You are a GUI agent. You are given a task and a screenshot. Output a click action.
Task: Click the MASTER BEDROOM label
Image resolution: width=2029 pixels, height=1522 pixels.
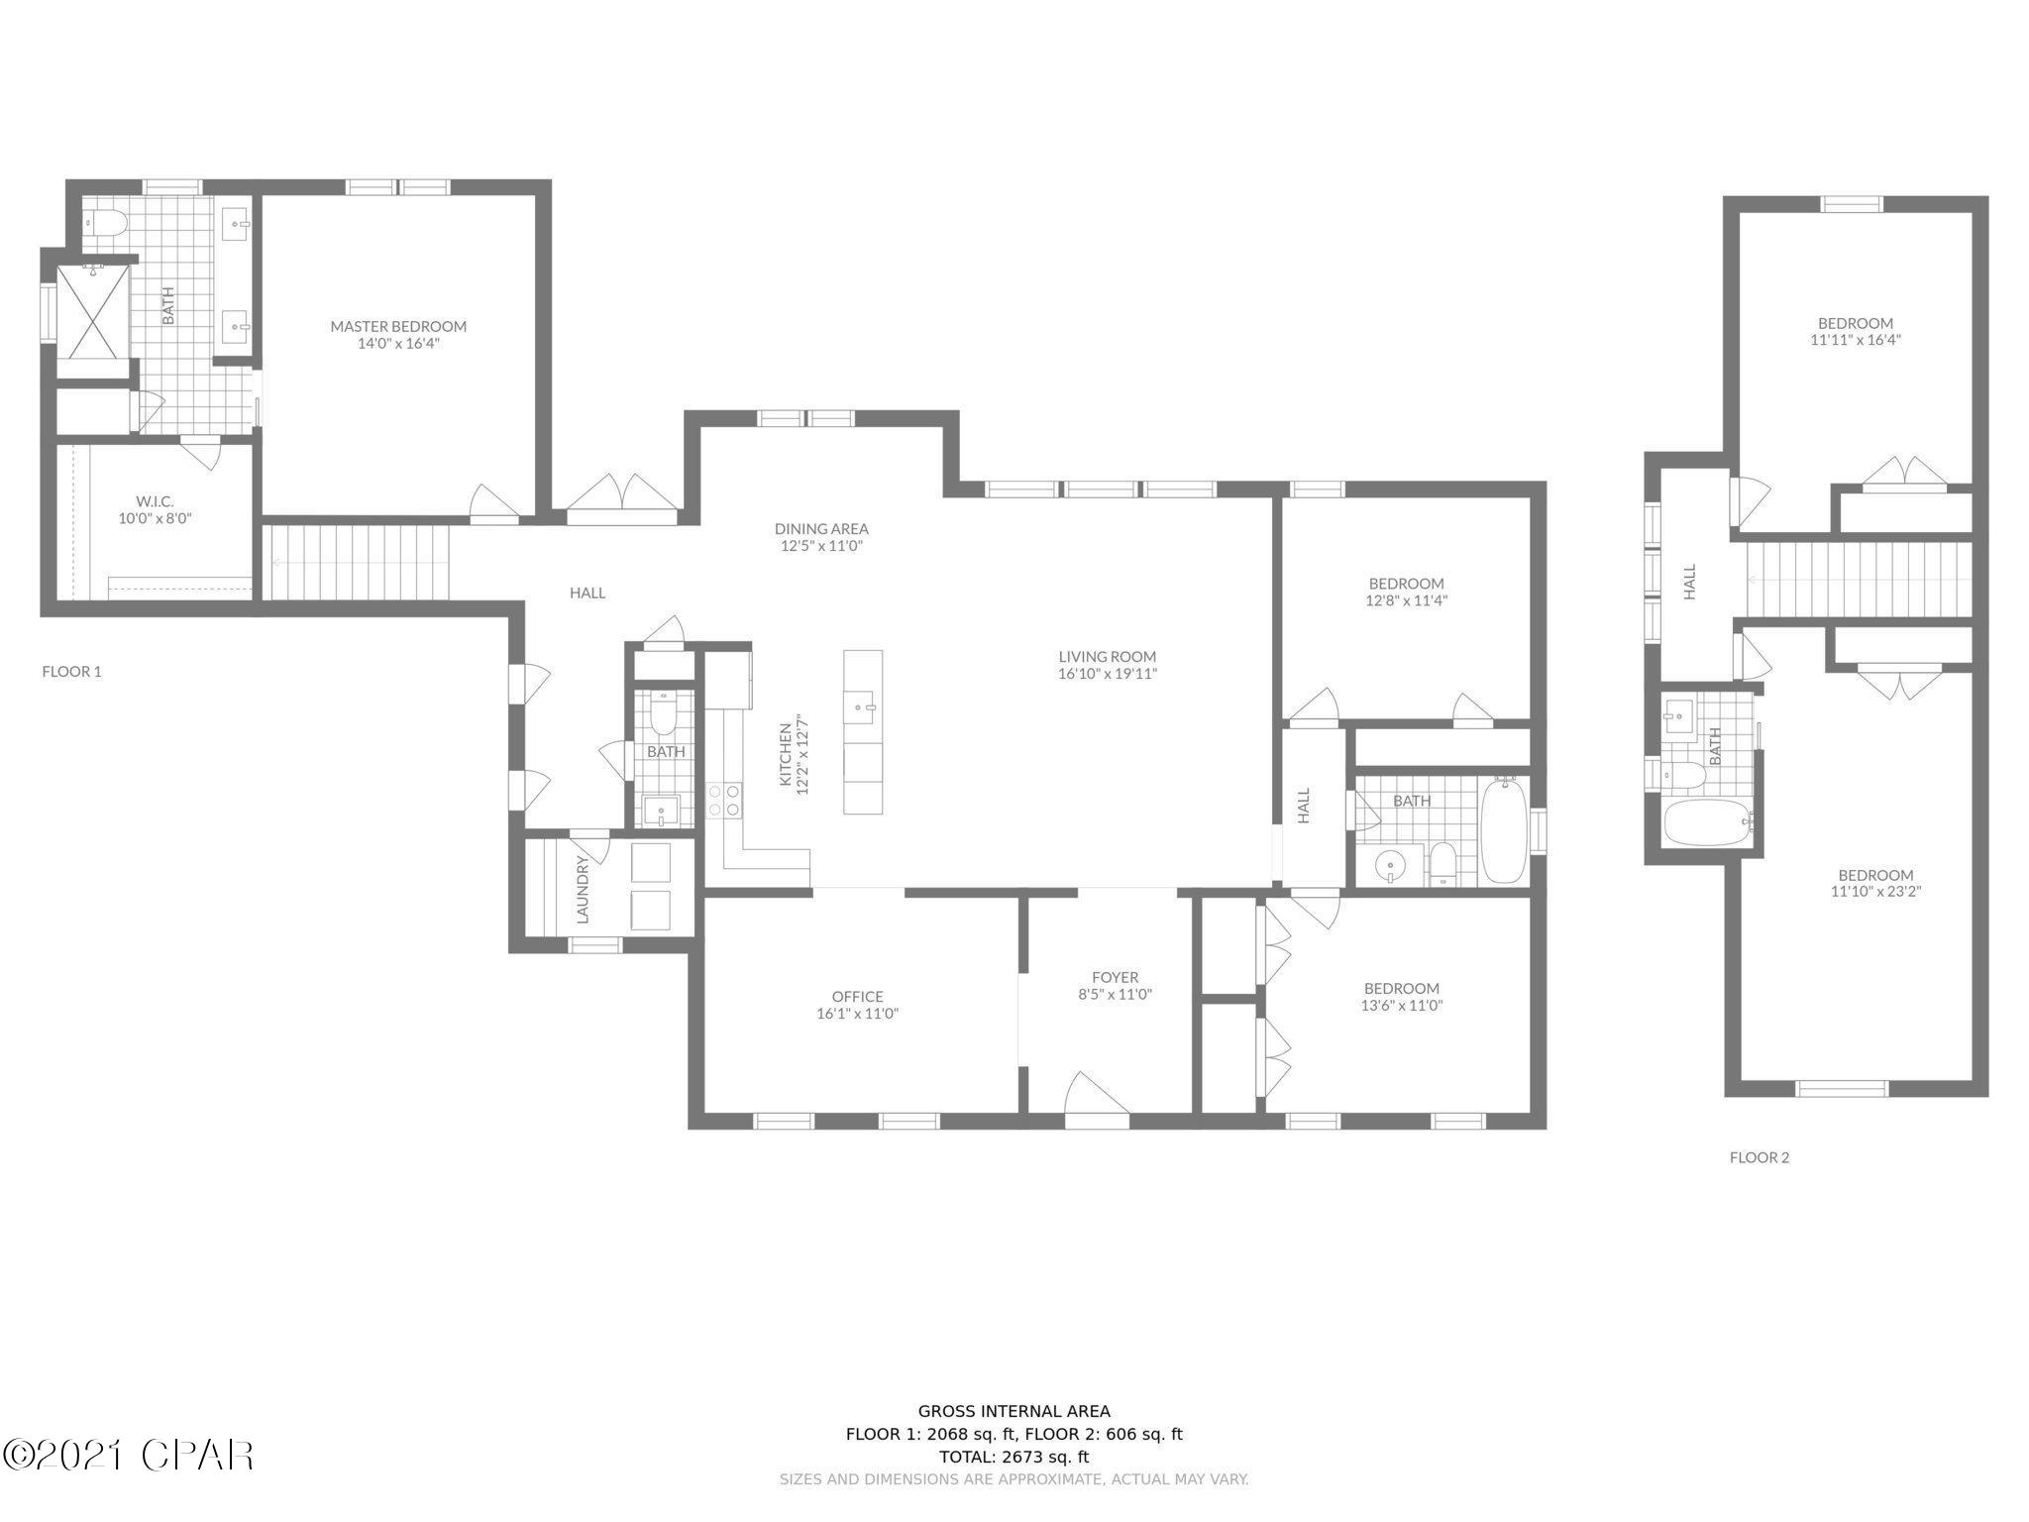click(398, 326)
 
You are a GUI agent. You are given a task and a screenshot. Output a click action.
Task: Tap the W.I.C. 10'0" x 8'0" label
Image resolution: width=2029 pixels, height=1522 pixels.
click(155, 509)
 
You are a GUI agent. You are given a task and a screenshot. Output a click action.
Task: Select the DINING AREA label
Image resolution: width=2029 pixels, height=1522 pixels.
click(821, 529)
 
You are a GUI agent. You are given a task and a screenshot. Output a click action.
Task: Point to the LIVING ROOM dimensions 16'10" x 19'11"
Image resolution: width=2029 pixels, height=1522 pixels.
click(1108, 674)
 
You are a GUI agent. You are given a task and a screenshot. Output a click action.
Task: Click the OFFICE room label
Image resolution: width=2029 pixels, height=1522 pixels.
click(857, 997)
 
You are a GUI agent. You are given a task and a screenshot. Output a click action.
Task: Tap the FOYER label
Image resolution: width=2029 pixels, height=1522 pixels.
click(1115, 978)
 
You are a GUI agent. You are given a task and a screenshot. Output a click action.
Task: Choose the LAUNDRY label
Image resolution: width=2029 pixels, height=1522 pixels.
click(583, 890)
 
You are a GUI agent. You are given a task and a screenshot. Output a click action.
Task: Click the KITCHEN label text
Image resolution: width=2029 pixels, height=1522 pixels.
click(786, 755)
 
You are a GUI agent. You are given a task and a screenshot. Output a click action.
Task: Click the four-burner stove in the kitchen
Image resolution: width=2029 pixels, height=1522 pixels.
click(723, 800)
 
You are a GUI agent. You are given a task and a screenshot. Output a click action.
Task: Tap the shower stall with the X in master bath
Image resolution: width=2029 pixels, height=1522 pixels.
click(92, 308)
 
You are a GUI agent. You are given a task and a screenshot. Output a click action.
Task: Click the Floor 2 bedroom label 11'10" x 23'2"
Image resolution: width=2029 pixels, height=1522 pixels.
click(1875, 883)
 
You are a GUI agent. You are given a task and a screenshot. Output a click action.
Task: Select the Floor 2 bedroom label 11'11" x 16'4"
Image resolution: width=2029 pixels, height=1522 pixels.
click(1855, 331)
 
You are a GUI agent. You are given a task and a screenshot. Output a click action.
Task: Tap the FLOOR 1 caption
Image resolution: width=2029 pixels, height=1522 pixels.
click(71, 672)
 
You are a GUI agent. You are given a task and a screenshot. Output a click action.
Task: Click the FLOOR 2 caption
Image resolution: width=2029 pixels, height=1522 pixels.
click(1759, 1157)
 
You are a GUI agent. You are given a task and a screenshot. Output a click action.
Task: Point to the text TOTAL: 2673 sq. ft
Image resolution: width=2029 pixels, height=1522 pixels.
click(1014, 1457)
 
